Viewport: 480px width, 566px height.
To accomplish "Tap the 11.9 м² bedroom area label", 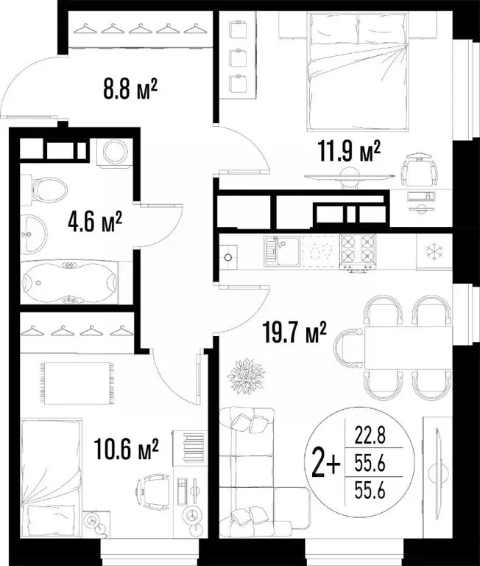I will click(x=347, y=153).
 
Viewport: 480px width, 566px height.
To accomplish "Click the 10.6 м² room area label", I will click(x=127, y=448).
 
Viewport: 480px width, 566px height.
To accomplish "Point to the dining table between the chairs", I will click(x=395, y=346).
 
